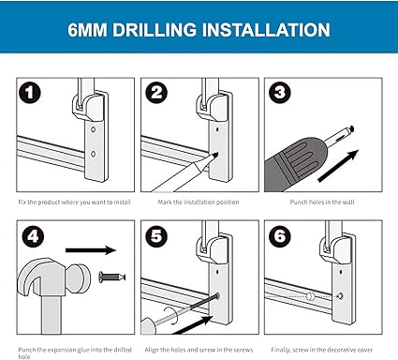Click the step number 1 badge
(30, 93)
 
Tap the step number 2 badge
(156, 93)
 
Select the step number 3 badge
(280, 93)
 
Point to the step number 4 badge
(33, 236)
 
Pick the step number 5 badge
(156, 236)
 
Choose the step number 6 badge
(280, 236)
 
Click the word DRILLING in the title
(155, 30)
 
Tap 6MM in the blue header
(87, 30)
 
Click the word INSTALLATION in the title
(266, 30)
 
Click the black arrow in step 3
(338, 166)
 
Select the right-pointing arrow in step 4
(91, 250)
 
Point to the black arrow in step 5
(193, 325)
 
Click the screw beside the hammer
(112, 277)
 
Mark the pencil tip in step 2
(215, 154)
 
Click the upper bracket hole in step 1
(93, 129)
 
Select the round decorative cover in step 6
(310, 296)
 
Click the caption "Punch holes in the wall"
(322, 202)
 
